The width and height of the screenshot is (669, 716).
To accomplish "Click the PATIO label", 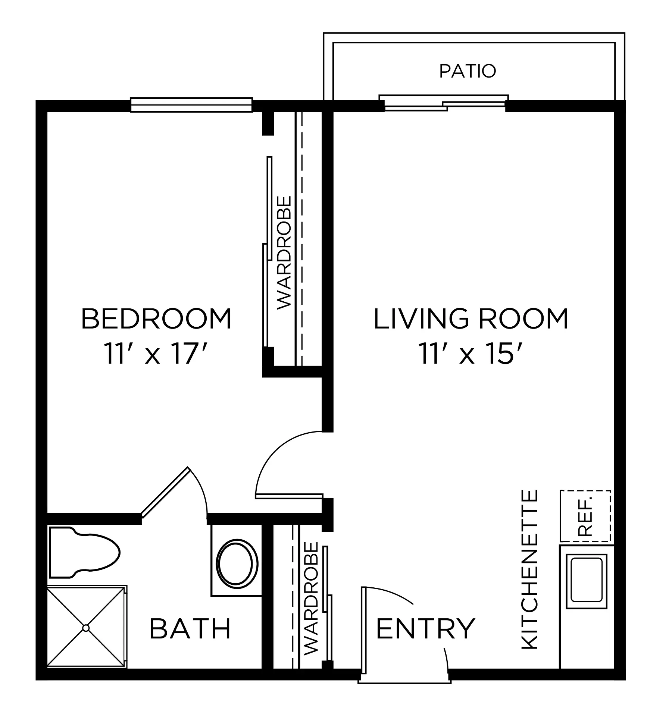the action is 467,71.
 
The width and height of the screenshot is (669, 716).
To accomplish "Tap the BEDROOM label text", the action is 156,319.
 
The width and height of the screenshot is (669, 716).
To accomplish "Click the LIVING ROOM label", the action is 471,319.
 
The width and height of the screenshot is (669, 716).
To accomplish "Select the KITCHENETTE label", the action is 530,570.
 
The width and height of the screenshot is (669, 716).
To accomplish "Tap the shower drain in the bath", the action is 86,628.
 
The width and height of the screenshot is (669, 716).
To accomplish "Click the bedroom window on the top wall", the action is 191,105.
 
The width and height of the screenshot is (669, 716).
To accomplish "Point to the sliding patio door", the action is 444,103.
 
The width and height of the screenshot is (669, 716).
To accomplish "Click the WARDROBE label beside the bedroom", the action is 284,252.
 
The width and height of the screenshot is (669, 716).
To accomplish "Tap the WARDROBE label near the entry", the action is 311,598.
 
